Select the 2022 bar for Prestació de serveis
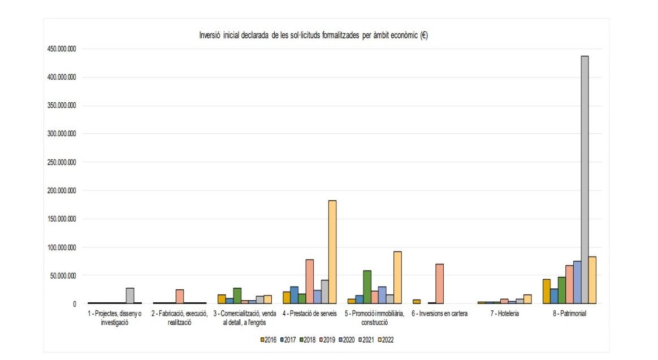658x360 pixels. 332,252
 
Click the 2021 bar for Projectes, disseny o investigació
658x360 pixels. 130,296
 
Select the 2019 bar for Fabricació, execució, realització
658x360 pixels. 180,297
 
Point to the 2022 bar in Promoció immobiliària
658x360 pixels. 397,277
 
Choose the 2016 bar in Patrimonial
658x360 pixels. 546,291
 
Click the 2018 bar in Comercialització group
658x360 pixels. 237,296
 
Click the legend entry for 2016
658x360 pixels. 269,340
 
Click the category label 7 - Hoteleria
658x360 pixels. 504,314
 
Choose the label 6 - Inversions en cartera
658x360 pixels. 439,314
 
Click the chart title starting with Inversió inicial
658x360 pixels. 313,35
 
